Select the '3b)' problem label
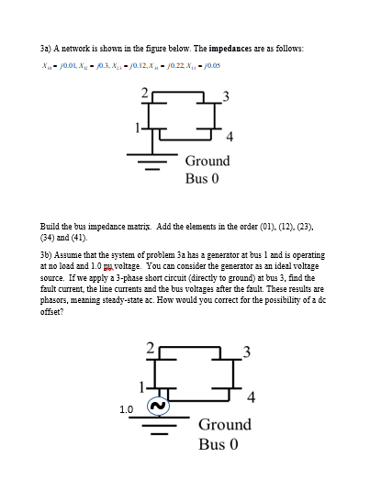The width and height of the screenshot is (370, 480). (46, 254)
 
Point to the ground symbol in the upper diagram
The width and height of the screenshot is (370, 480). (145, 163)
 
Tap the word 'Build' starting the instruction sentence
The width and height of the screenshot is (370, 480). (51, 225)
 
